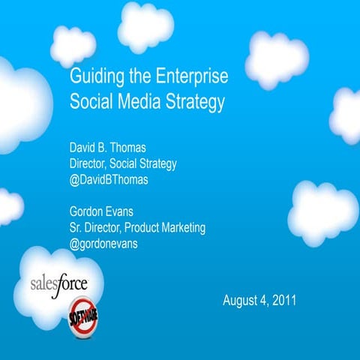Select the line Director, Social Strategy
pos(123,164)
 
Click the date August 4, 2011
pos(259,301)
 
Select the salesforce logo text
pos(59,283)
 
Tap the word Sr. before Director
pos(77,227)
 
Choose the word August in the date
pos(241,301)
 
